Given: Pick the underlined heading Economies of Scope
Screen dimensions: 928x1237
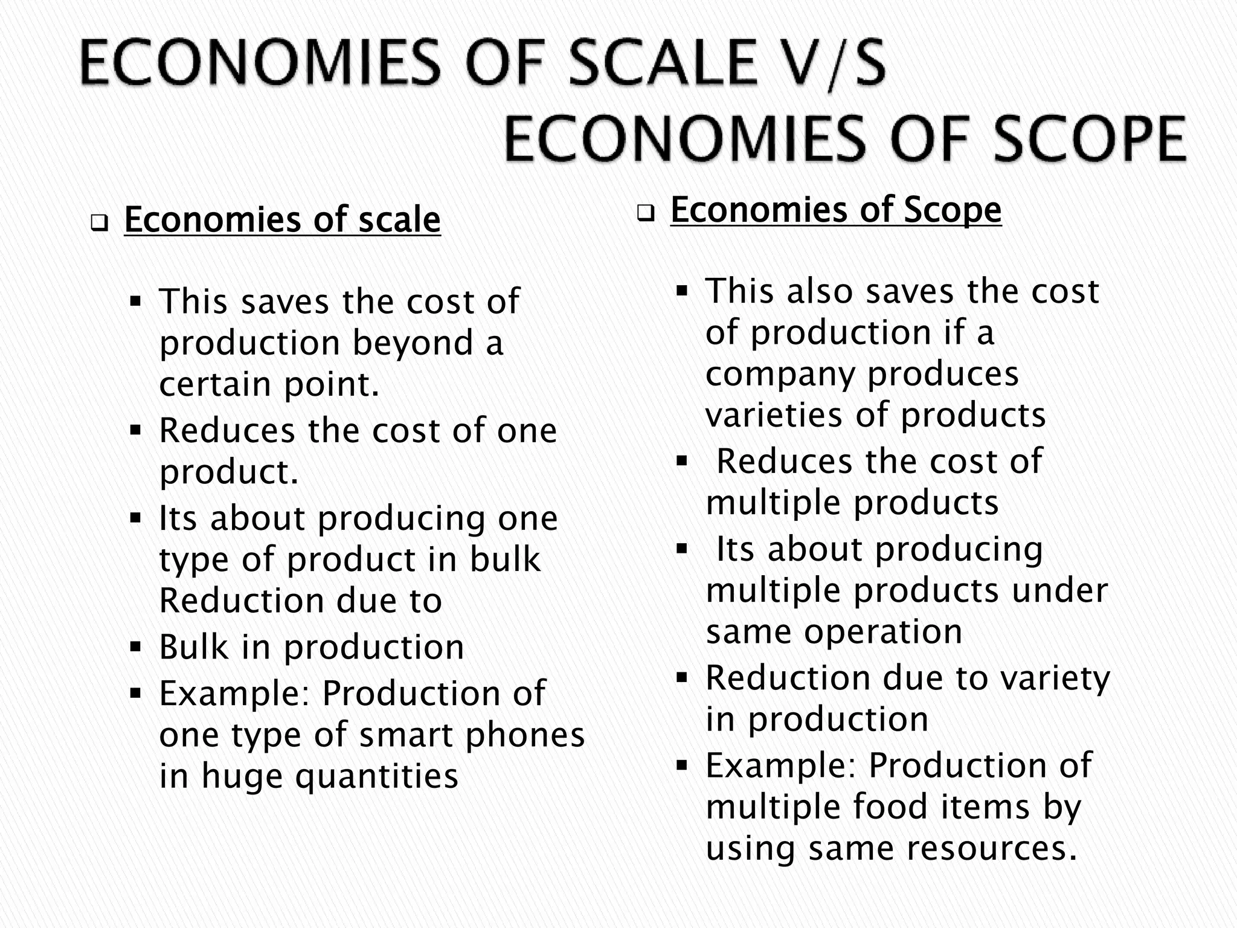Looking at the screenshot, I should pyautogui.click(x=836, y=210).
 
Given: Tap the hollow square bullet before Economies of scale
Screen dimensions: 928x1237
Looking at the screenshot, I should pyautogui.click(x=99, y=224).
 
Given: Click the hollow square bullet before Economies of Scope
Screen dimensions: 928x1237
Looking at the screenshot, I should pyautogui.click(x=646, y=214).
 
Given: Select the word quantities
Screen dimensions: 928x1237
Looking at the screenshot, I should pyautogui.click(x=377, y=776).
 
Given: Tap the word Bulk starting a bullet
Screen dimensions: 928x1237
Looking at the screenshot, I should pyautogui.click(x=193, y=647).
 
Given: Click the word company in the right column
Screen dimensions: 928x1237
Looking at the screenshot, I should pyautogui.click(x=780, y=375).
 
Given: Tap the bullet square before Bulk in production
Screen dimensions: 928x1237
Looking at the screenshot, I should pyautogui.click(x=135, y=648).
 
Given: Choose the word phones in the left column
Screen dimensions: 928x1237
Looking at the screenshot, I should pyautogui.click(x=527, y=735).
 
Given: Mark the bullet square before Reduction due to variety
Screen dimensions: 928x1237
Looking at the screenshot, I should pyautogui.click(x=683, y=678).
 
